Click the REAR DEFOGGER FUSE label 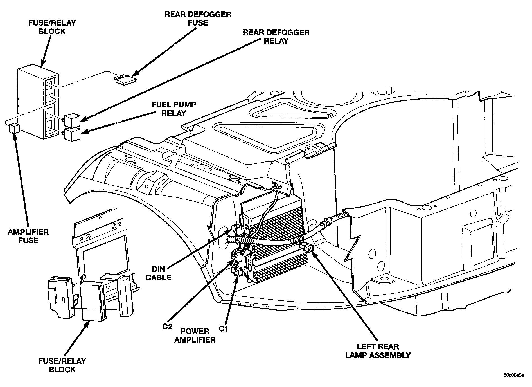tap(198, 19)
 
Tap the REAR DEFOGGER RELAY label tap(276, 37)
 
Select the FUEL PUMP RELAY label tap(174, 109)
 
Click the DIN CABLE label tap(158, 273)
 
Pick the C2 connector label tap(167, 327)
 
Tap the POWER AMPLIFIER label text tap(195, 336)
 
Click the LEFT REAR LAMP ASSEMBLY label tap(378, 351)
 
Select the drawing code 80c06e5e tap(514, 375)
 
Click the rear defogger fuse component tap(125, 80)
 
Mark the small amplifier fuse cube tap(14, 128)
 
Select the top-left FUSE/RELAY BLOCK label tap(52, 27)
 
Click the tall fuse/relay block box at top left tap(38, 103)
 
